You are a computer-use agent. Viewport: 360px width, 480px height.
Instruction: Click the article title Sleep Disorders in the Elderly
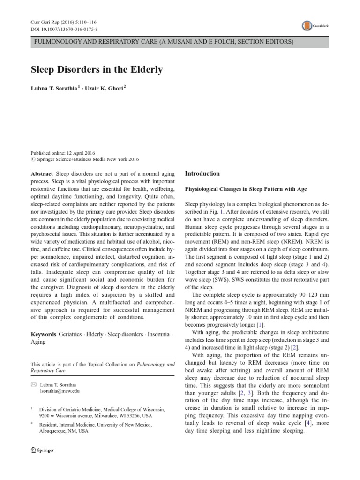click(97, 70)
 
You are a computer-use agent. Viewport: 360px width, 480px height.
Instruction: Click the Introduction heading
click(202, 173)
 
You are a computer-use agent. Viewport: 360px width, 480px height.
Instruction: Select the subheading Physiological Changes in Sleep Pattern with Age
click(246, 189)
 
